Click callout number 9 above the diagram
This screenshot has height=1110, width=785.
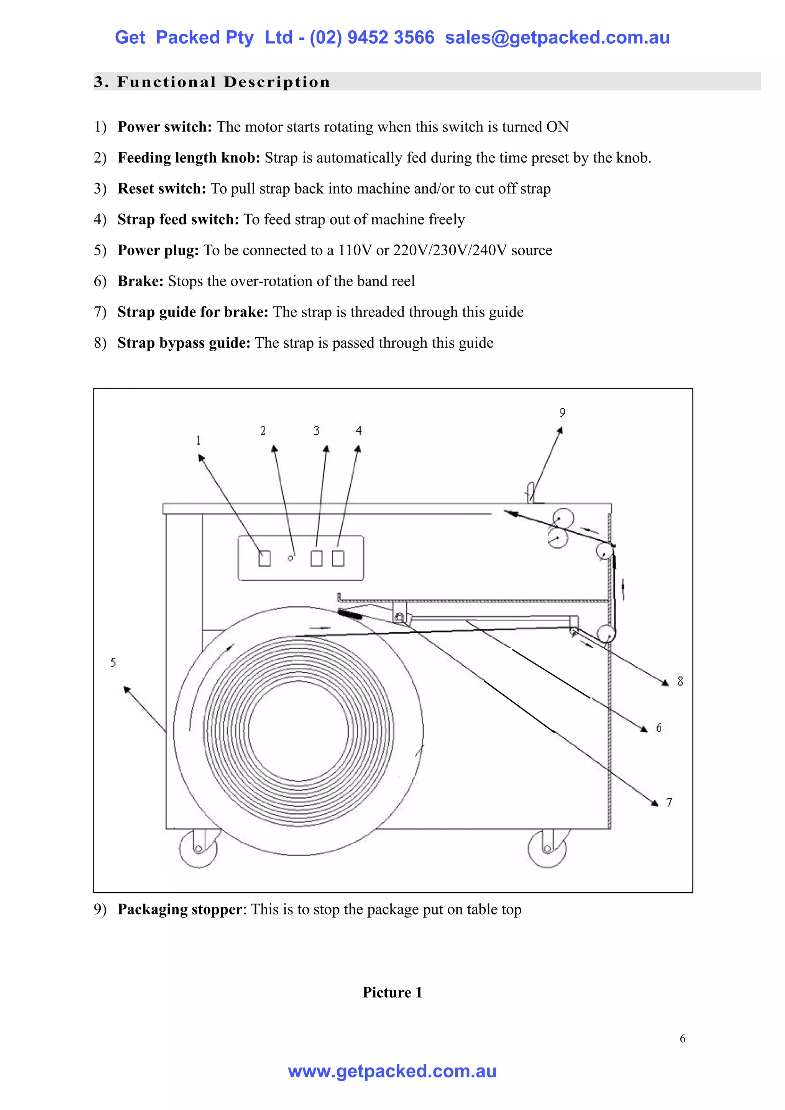pyautogui.click(x=562, y=412)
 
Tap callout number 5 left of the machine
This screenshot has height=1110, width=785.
pyautogui.click(x=113, y=662)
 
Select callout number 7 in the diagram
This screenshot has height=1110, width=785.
pyautogui.click(x=670, y=803)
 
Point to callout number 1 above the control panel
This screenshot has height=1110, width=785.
pyautogui.click(x=198, y=440)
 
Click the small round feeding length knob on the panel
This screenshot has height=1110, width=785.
pyautogui.click(x=291, y=558)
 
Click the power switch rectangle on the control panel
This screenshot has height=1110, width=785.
pyautogui.click(x=264, y=558)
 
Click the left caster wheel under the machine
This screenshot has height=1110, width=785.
pyautogui.click(x=198, y=849)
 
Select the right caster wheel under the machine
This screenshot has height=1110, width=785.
pyautogui.click(x=547, y=849)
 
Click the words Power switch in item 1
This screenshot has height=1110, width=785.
pyautogui.click(x=165, y=126)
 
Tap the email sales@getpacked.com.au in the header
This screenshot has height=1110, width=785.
pyautogui.click(x=557, y=37)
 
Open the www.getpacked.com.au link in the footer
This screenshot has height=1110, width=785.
pyautogui.click(x=392, y=1071)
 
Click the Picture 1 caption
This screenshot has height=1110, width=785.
pyautogui.click(x=392, y=992)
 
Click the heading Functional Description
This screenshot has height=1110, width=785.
pyautogui.click(x=223, y=82)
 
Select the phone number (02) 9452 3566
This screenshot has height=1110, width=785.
pyautogui.click(x=372, y=37)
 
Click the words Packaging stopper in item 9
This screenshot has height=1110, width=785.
pyautogui.click(x=179, y=910)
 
